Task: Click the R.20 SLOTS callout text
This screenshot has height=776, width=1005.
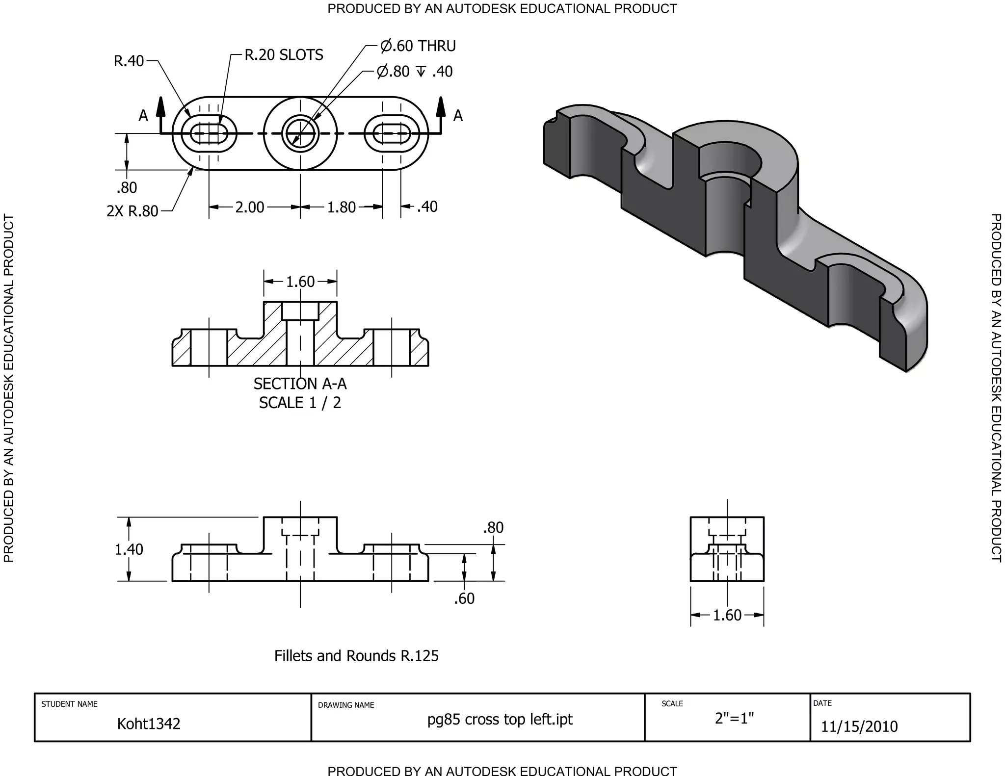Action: [x=284, y=54]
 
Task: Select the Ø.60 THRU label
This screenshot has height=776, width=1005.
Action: [x=418, y=46]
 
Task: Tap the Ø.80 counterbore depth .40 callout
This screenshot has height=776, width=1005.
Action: [x=415, y=72]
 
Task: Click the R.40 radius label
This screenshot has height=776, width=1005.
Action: [x=129, y=61]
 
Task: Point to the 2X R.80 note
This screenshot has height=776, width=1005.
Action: [x=132, y=211]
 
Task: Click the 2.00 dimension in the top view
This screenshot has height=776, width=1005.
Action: [x=250, y=207]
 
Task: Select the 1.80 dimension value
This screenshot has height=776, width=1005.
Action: [x=341, y=207]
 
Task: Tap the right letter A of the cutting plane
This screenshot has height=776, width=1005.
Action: [x=458, y=116]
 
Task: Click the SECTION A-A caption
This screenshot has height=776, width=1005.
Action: [x=300, y=384]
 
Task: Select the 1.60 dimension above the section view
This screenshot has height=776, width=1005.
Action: [x=300, y=282]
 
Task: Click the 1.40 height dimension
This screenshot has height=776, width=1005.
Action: [x=129, y=549]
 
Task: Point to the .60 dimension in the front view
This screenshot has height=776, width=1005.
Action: [x=464, y=598]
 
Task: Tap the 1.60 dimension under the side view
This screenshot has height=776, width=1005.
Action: [x=727, y=615]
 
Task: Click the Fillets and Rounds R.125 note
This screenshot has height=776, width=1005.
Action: [x=356, y=656]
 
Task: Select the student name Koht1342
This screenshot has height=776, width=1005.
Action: [x=149, y=724]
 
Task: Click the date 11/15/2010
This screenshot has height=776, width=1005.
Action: [x=859, y=726]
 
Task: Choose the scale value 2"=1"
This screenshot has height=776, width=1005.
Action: [x=734, y=718]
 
